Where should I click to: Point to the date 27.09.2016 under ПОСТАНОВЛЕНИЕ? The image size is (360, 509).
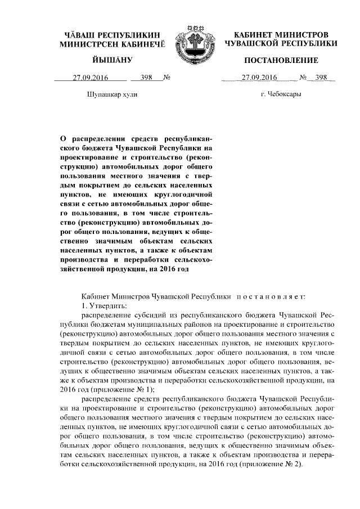tap(258, 78)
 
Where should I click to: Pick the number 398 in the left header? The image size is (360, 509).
tap(147, 78)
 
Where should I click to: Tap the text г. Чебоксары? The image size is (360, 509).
tap(281, 95)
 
